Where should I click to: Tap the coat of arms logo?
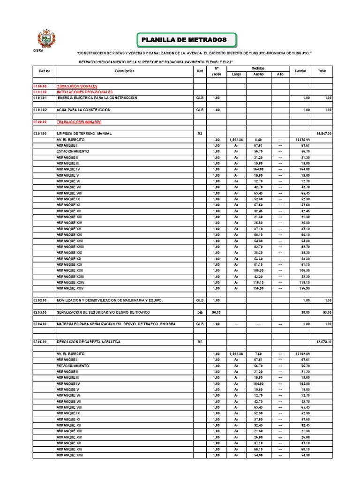click(46, 38)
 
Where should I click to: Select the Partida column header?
click(45, 71)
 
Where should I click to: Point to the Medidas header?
click(258, 68)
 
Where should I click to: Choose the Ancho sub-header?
click(258, 74)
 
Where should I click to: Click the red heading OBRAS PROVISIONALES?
click(77, 86)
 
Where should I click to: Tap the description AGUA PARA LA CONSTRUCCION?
click(83, 110)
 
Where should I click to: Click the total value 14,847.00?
click(324, 134)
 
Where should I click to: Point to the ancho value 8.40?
click(258, 140)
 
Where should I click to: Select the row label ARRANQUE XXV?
click(70, 288)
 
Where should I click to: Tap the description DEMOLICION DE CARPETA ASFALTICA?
click(89, 342)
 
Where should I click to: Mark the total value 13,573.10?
click(324, 342)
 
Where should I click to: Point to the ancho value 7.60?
click(258, 354)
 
